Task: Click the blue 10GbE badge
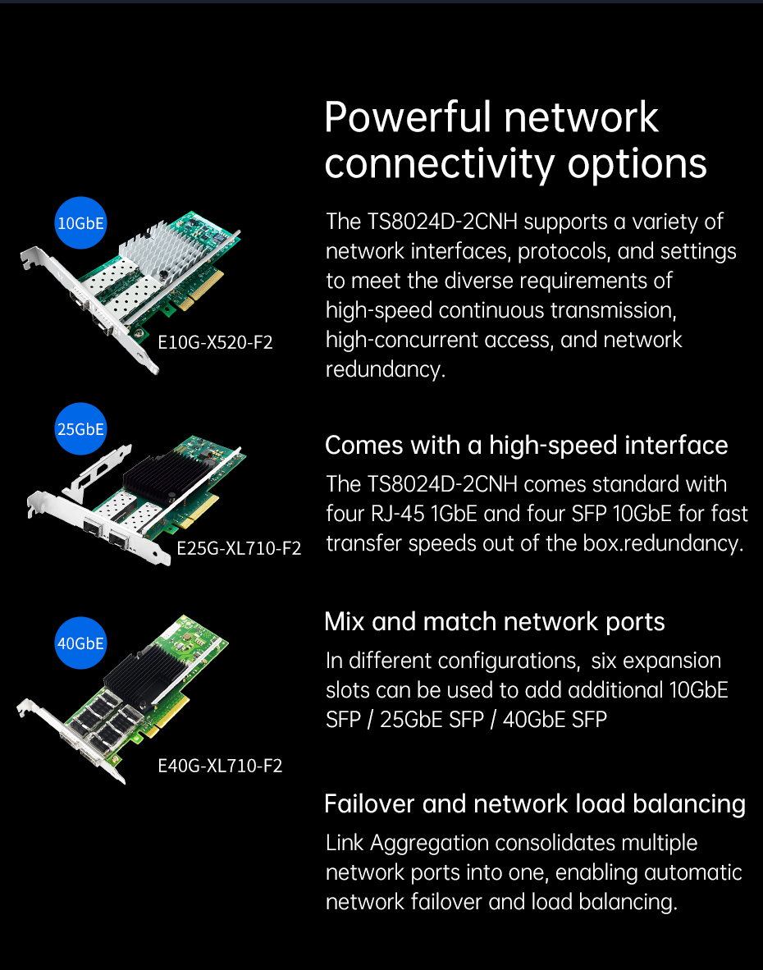[x=80, y=222]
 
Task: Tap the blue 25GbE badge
[x=80, y=428]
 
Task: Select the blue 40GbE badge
[x=80, y=643]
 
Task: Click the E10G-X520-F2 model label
[x=215, y=342]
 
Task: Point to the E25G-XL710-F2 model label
[x=239, y=548]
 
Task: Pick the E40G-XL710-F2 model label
[x=220, y=766]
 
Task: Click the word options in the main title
[x=637, y=164]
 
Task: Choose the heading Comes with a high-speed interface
[x=526, y=446]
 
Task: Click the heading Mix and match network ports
[x=495, y=622]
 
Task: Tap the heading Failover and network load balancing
[x=535, y=804]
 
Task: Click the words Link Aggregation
[x=408, y=843]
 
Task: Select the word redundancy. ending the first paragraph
[x=386, y=369]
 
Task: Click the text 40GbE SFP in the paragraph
[x=555, y=720]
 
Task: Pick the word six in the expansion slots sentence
[x=604, y=661]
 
